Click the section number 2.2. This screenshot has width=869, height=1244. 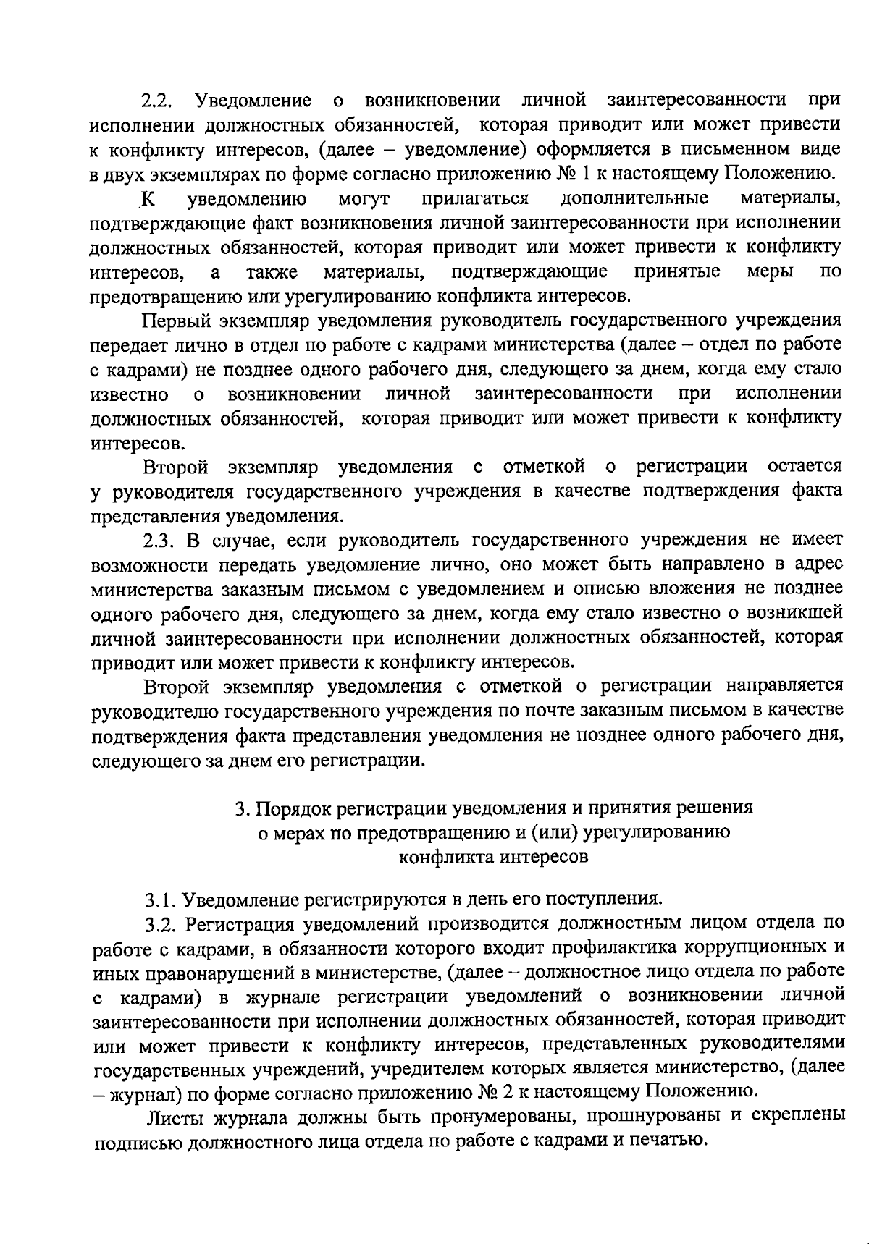tap(157, 99)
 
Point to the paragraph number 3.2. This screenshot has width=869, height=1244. tap(160, 925)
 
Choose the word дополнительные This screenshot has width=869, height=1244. tap(634, 198)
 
